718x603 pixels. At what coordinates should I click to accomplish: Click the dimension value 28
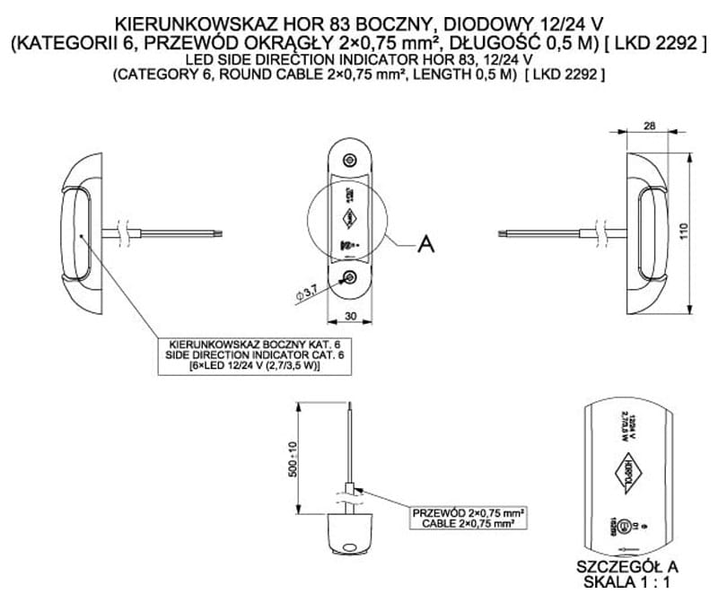649,127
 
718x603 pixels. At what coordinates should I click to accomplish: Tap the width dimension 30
349,316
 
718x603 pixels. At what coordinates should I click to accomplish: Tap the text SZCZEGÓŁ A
628,566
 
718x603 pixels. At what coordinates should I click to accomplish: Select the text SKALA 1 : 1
627,581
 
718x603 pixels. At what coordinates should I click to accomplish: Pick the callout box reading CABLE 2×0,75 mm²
467,518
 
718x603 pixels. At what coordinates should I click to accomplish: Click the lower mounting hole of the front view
349,278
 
